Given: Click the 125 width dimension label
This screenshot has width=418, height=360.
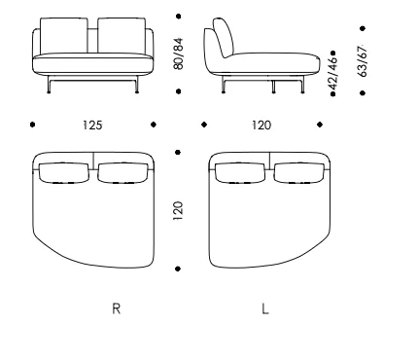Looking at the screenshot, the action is (92, 126).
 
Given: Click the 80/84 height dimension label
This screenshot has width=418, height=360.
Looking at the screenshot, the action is (178, 54).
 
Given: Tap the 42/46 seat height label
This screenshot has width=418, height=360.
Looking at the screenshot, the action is (333, 73).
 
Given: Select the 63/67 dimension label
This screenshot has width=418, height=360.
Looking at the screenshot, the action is (363, 61).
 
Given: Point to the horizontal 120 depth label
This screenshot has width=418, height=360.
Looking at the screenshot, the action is (261, 126).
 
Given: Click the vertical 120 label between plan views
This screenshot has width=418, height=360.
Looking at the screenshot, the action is (178, 211).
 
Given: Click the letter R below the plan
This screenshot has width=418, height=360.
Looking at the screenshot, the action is (117, 308).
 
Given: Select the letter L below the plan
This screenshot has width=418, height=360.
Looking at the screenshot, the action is (265, 308).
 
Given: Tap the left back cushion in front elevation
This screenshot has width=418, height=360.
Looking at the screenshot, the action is (64, 35).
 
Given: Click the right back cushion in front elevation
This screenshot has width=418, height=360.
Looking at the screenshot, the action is (122, 35).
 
